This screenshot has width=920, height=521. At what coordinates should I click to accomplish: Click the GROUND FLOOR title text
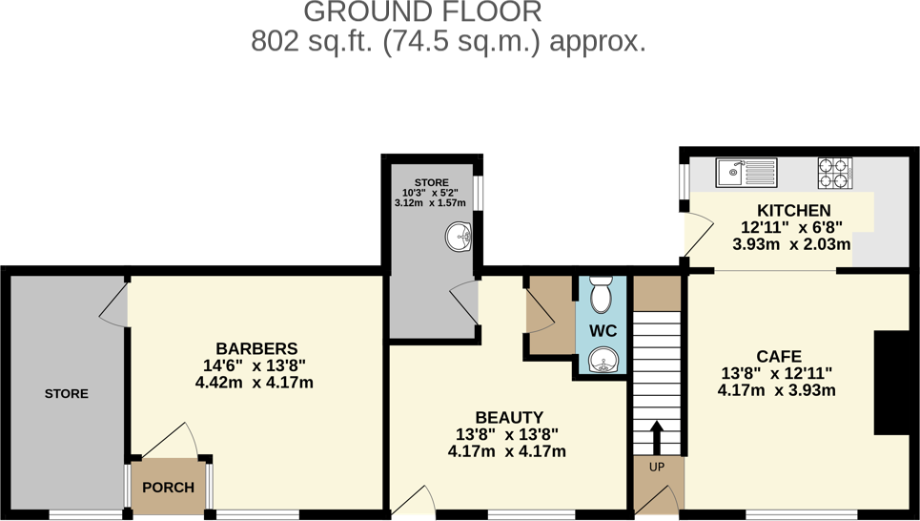tap(422, 12)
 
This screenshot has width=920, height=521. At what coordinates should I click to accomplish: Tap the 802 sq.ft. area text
tap(449, 42)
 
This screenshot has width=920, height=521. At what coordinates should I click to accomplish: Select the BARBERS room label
tap(256, 348)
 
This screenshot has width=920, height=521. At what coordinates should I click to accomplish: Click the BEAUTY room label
tap(509, 417)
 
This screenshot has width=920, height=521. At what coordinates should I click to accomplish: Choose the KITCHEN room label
tap(793, 211)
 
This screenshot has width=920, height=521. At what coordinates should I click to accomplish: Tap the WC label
tap(603, 331)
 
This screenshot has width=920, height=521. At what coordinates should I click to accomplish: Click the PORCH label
tap(168, 488)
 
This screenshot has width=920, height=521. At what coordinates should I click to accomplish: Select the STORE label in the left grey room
tap(66, 393)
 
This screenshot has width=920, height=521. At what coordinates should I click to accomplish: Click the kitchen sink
tap(746, 173)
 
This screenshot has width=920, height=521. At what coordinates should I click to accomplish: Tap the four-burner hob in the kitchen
tap(833, 172)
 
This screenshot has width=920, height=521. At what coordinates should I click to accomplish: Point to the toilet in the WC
tap(602, 296)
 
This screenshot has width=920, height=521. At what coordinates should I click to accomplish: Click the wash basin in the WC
tap(603, 359)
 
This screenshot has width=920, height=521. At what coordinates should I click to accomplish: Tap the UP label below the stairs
tap(656, 468)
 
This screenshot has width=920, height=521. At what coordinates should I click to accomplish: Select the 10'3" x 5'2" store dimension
tap(430, 192)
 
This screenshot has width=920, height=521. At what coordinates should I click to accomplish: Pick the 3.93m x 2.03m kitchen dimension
tap(791, 244)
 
